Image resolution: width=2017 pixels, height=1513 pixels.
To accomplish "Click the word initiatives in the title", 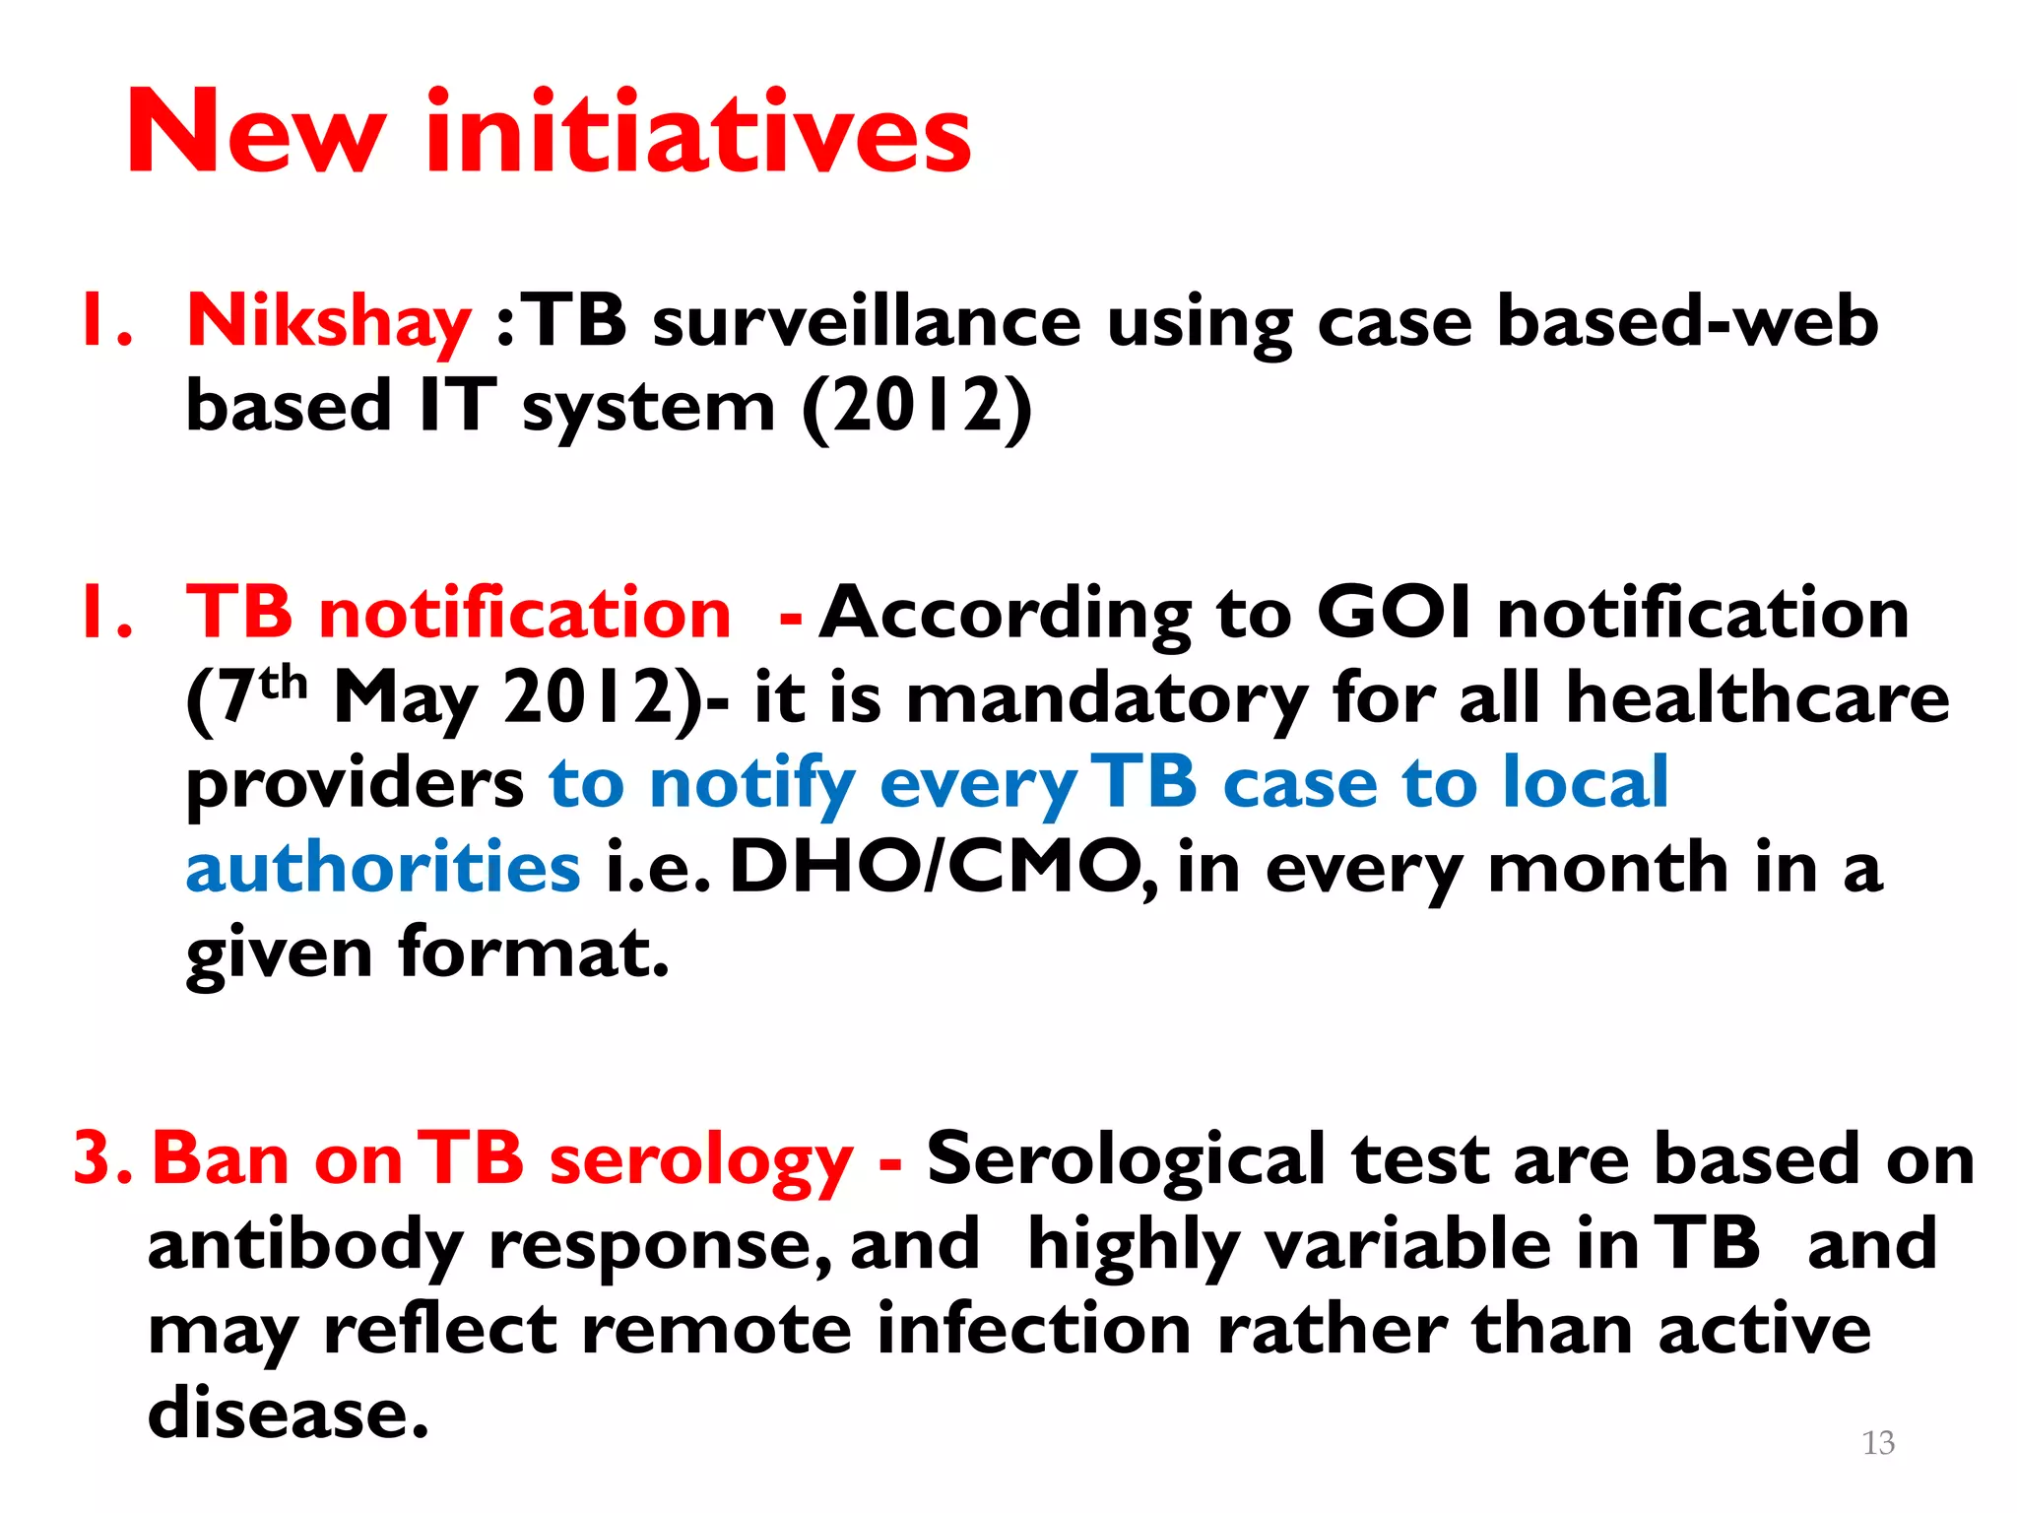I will tap(698, 133).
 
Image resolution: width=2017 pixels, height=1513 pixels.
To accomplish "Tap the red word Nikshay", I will tap(329, 322).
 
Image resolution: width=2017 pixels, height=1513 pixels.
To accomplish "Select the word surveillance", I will tap(867, 322).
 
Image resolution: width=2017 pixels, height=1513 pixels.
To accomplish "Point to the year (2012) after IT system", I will tap(917, 407).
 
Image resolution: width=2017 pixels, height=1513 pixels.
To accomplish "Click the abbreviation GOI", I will tap(1395, 613).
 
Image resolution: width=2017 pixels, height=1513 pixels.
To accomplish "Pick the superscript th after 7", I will tap(284, 682).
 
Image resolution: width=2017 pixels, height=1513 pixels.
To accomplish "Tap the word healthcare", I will tap(1758, 697).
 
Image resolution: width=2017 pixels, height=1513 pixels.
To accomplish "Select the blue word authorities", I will tap(383, 868).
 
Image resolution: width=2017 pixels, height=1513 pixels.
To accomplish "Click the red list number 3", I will tap(95, 1158).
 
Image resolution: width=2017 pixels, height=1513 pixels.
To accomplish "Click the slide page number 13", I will tap(1878, 1443).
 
